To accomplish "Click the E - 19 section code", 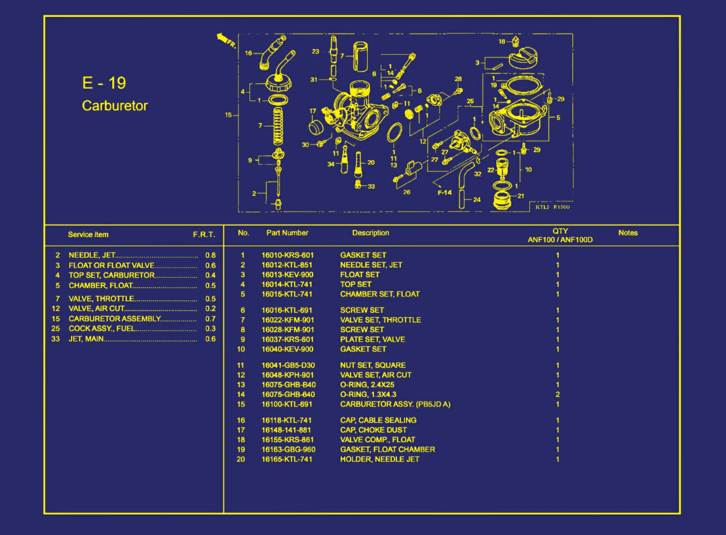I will pos(104,83).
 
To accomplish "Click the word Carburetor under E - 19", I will pos(115,105).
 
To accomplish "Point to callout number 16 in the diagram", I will pos(248,53).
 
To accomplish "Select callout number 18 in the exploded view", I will pos(502,42).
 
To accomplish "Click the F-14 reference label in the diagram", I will pos(444,192).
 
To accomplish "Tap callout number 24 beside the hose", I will pos(477,200).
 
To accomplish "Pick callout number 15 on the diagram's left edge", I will pos(228,115).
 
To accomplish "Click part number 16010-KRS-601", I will pos(287,255).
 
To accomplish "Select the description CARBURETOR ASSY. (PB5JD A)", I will pos(395,404).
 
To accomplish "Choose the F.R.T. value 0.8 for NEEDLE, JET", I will pos(210,255).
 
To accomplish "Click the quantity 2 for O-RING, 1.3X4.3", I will pos(557,394).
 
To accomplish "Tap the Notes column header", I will pos(628,233).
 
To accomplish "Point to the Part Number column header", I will pos(287,233).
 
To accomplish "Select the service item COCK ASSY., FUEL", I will pos(101,329).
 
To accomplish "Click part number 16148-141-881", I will pos(286,430).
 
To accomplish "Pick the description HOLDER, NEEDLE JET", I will pos(380,460).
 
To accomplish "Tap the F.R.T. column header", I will pos(204,235).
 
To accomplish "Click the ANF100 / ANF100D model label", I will pos(560,240).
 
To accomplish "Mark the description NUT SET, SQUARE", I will pos(373,366).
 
